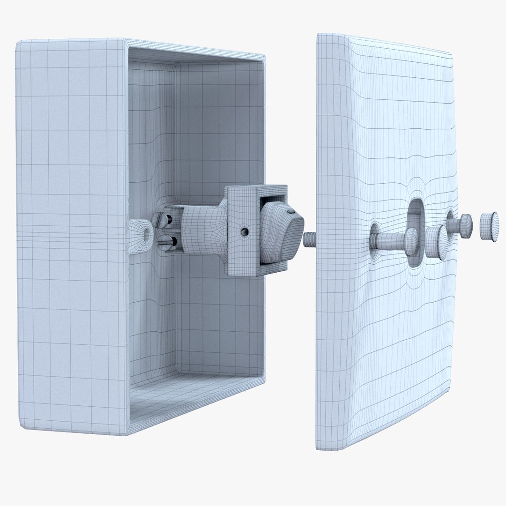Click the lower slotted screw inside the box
click(166, 242)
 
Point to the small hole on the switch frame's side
click(244, 231)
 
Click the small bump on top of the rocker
click(292, 212)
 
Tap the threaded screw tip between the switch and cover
click(310, 240)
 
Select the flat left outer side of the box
click(70, 234)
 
